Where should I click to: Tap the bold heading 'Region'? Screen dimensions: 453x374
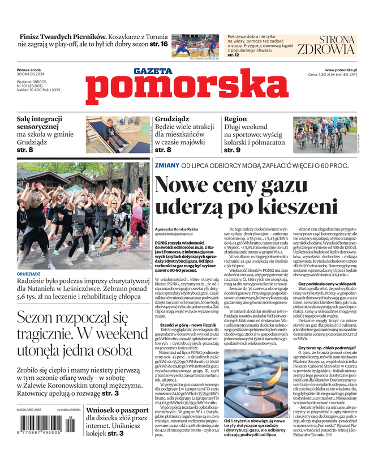coord(235,120)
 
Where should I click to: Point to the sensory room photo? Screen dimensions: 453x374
coord(117,135)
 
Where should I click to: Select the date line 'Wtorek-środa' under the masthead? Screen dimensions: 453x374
coord(31,69)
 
